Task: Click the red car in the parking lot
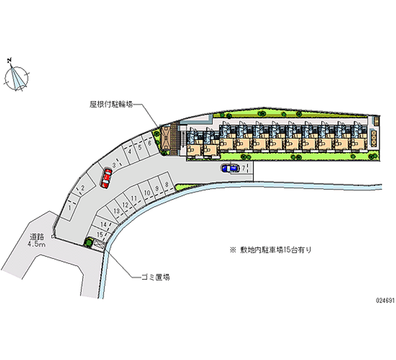pos(106,178)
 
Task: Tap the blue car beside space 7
pos(230,168)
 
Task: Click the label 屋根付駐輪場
pos(111,104)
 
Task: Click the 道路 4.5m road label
pos(37,241)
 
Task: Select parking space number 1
pos(70,208)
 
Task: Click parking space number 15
pos(100,234)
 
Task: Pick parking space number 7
pos(244,168)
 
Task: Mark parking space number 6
pos(150,143)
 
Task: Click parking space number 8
pos(166,185)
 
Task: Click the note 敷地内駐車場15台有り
pos(270,251)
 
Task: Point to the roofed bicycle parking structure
pos(166,139)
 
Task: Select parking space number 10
pos(147,193)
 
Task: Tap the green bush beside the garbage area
pos(89,242)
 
